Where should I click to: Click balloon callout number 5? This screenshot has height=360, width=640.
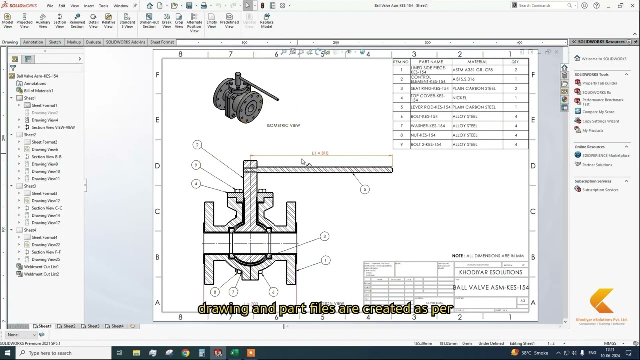[x=365, y=189]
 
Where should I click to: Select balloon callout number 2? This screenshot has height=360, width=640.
[x=197, y=145]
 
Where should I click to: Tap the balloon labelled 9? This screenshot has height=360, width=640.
[x=196, y=165]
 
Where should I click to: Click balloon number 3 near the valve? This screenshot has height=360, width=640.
[x=324, y=236]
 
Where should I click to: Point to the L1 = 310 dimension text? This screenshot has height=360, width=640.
[x=320, y=153]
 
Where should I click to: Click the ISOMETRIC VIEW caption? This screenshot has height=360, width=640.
[x=283, y=125]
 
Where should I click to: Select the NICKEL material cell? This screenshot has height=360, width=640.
[x=459, y=98]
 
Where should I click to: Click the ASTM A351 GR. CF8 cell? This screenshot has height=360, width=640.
[x=472, y=70]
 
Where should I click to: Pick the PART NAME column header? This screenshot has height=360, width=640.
[x=430, y=62]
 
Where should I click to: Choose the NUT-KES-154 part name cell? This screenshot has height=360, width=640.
[x=423, y=135]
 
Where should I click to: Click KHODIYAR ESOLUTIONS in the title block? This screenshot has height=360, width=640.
[x=491, y=272]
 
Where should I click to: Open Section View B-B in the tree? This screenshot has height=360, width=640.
[x=46, y=157]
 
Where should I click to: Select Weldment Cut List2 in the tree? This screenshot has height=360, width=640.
[x=41, y=274]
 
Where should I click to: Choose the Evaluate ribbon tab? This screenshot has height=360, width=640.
[x=93, y=42]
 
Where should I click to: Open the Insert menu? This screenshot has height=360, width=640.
[x=89, y=6]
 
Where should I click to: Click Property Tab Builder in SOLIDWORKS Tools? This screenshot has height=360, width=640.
[x=599, y=83]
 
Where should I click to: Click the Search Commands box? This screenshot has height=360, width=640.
[x=542, y=6]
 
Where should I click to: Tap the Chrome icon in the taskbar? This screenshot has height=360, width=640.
[x=185, y=353]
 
